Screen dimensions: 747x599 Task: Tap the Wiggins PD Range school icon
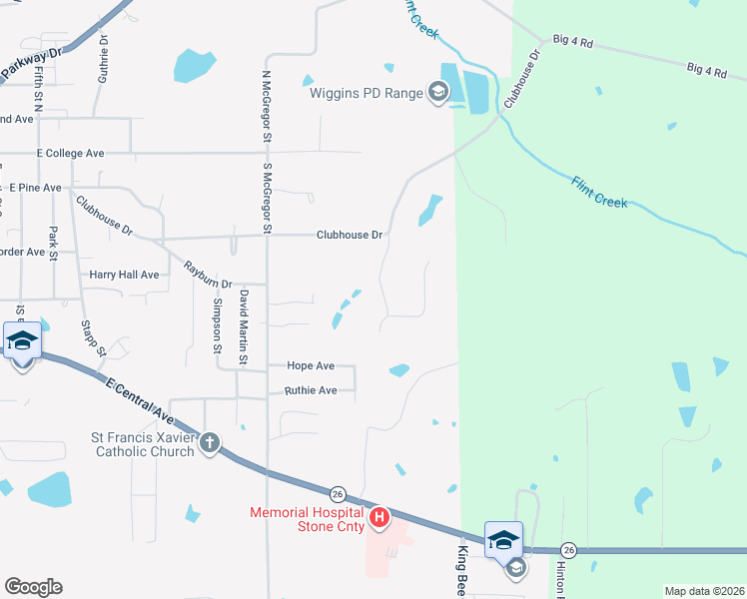(x=436, y=94)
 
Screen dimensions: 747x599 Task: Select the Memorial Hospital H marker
(x=379, y=517)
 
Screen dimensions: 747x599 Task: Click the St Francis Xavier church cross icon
(x=209, y=441)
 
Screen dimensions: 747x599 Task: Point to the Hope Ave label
(x=310, y=366)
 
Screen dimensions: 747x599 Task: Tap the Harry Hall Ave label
(x=124, y=275)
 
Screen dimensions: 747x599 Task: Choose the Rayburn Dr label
(x=207, y=276)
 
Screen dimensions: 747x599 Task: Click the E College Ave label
(x=70, y=154)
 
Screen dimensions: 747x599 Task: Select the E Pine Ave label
(x=36, y=188)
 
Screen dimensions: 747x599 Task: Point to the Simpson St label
(x=217, y=325)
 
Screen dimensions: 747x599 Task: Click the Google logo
(x=33, y=587)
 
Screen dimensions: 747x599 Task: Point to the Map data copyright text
(x=703, y=591)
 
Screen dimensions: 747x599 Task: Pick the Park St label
(x=54, y=245)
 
